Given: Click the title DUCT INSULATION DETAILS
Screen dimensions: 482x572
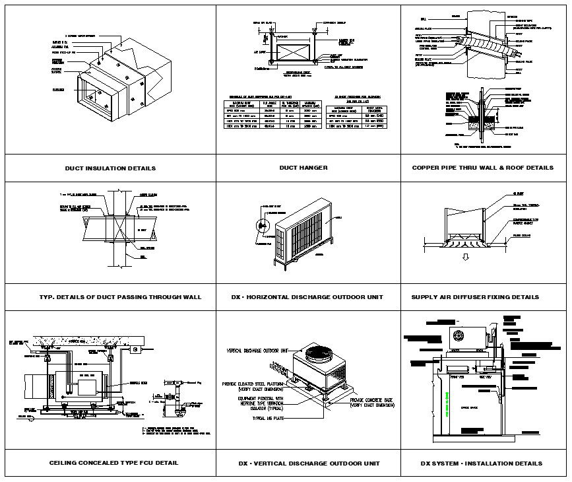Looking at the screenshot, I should point(110,168).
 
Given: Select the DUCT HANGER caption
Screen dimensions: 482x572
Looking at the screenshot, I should point(303,168).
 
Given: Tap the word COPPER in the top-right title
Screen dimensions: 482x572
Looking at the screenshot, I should point(428,168).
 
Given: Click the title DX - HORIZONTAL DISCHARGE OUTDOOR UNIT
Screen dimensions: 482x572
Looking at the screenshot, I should point(307,297).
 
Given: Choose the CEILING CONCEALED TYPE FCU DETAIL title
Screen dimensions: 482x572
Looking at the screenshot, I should point(113,463).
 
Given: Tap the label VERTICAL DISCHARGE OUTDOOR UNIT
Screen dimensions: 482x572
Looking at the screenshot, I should point(258,350).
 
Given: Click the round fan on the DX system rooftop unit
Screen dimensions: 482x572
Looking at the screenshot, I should point(456,335).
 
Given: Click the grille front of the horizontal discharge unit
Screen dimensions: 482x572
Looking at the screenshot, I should point(310,239).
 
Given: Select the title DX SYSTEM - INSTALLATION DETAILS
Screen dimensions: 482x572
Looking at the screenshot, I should point(482,463).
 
